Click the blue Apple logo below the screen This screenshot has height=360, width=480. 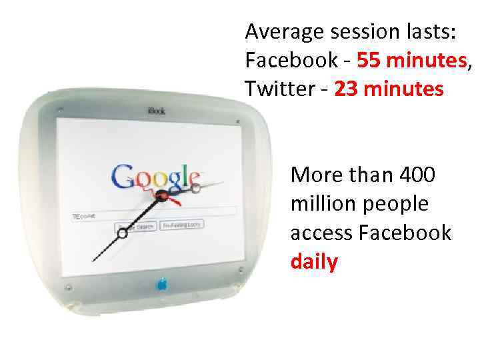(161, 285)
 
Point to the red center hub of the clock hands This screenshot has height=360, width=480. (161, 195)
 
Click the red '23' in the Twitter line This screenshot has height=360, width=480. (346, 89)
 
